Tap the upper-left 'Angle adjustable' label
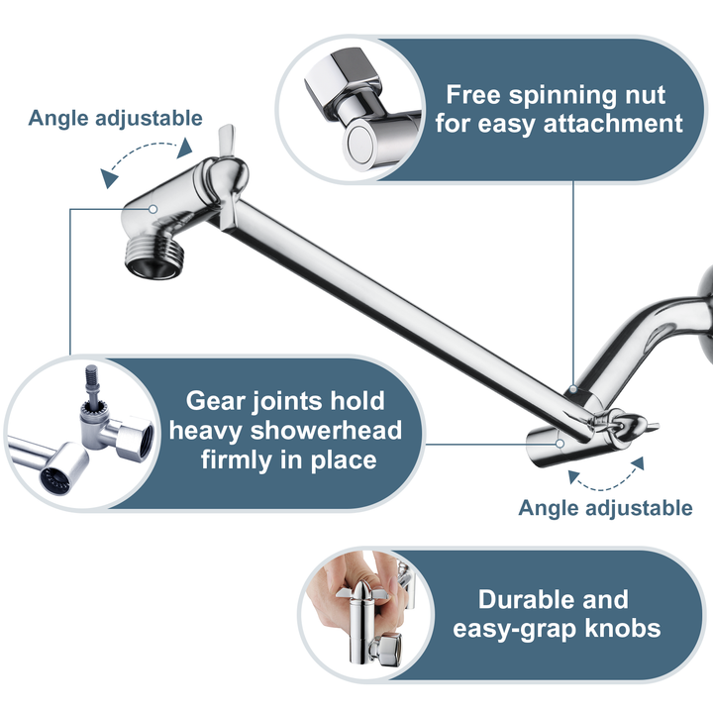(x=115, y=118)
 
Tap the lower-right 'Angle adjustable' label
(x=605, y=508)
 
